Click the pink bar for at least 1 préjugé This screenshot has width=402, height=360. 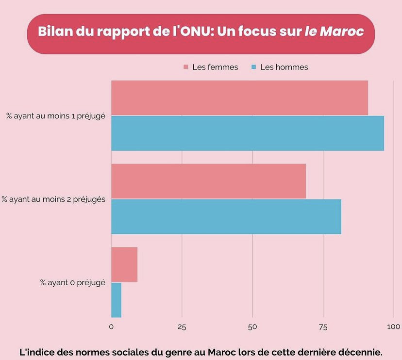click(239, 98)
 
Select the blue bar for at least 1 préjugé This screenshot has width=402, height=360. click(247, 133)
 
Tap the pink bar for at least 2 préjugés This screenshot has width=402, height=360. click(208, 181)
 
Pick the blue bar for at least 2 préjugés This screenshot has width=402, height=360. click(226, 216)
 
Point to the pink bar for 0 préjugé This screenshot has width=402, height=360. click(124, 264)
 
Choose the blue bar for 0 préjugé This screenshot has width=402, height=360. click(116, 300)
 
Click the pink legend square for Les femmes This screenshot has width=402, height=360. click(185, 67)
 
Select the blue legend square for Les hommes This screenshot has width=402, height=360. click(253, 67)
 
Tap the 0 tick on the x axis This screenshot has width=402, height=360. click(111, 327)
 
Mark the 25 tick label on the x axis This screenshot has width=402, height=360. click(182, 327)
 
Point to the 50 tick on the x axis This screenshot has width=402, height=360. click(252, 327)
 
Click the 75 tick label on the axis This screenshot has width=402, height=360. click(323, 327)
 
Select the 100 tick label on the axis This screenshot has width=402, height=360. click(393, 327)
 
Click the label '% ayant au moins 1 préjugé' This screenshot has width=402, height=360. click(56, 116)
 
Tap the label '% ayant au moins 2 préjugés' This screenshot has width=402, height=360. click(53, 199)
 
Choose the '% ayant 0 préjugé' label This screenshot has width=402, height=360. click(73, 282)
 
